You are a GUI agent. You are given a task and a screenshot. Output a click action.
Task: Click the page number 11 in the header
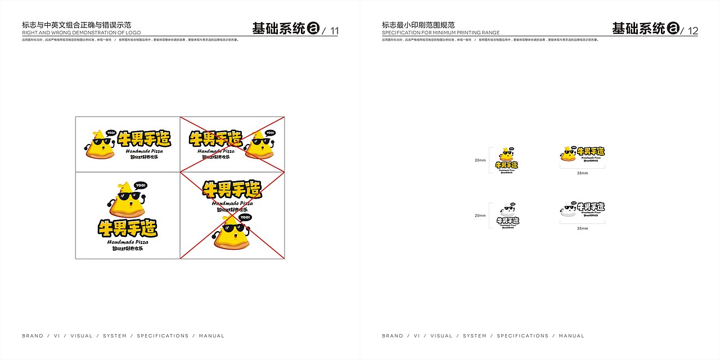coord(334,31)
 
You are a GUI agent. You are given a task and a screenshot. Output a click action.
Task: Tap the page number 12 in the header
coord(692,31)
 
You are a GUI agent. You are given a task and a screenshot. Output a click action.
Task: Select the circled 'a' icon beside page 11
coord(314,28)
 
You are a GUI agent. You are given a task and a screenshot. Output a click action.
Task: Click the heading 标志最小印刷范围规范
coord(418,25)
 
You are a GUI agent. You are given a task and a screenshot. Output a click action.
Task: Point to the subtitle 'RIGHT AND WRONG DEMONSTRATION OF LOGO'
coord(82,33)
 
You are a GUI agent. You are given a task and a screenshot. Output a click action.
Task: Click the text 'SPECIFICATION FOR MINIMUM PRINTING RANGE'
coord(440,33)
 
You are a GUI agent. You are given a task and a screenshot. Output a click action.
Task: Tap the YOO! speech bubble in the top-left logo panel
coord(110,133)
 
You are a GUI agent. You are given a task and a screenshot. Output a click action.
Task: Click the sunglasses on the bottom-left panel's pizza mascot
coord(129,196)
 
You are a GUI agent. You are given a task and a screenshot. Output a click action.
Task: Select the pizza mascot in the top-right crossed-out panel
coord(261,146)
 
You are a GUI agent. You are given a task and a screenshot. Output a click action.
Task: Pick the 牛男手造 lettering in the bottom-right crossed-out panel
coord(232,190)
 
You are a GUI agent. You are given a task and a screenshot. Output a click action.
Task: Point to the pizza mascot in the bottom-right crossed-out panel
coord(232,235)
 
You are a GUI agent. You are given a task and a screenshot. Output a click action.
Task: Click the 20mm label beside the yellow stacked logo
coord(480,160)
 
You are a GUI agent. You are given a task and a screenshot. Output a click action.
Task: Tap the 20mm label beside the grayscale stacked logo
coord(480,215)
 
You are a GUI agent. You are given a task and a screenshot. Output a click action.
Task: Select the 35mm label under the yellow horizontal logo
coord(582,173)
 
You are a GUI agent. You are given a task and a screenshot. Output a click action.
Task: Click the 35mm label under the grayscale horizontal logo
coord(582,228)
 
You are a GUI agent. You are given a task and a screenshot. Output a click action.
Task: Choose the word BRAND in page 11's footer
coord(33,336)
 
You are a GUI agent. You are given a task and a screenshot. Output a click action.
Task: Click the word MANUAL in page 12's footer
coord(571,336)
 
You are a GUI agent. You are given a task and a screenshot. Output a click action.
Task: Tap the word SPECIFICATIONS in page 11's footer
coord(163,336)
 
